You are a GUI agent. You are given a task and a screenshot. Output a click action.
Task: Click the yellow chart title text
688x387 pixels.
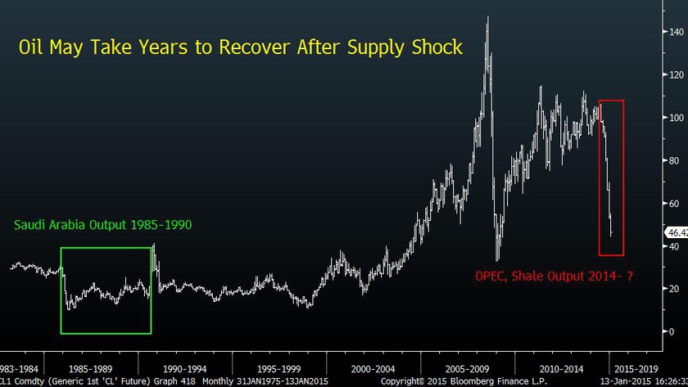(241, 48)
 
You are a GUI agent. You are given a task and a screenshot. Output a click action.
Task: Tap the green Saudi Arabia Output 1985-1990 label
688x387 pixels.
(102, 223)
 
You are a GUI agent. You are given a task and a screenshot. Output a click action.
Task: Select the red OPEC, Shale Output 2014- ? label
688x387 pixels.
(555, 277)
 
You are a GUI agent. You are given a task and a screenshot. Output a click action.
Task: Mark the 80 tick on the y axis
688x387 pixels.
(675, 160)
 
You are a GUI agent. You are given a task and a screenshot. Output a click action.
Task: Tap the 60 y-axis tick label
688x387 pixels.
(675, 203)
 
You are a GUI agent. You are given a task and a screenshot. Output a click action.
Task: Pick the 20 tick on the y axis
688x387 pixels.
(675, 289)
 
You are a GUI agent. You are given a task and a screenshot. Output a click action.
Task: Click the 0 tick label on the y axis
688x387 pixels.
(672, 331)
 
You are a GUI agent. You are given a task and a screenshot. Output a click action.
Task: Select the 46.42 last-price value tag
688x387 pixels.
(677, 232)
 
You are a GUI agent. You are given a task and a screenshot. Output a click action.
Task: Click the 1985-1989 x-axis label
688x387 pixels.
(90, 368)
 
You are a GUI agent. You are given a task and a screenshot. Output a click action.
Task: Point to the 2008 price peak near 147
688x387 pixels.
(488, 18)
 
